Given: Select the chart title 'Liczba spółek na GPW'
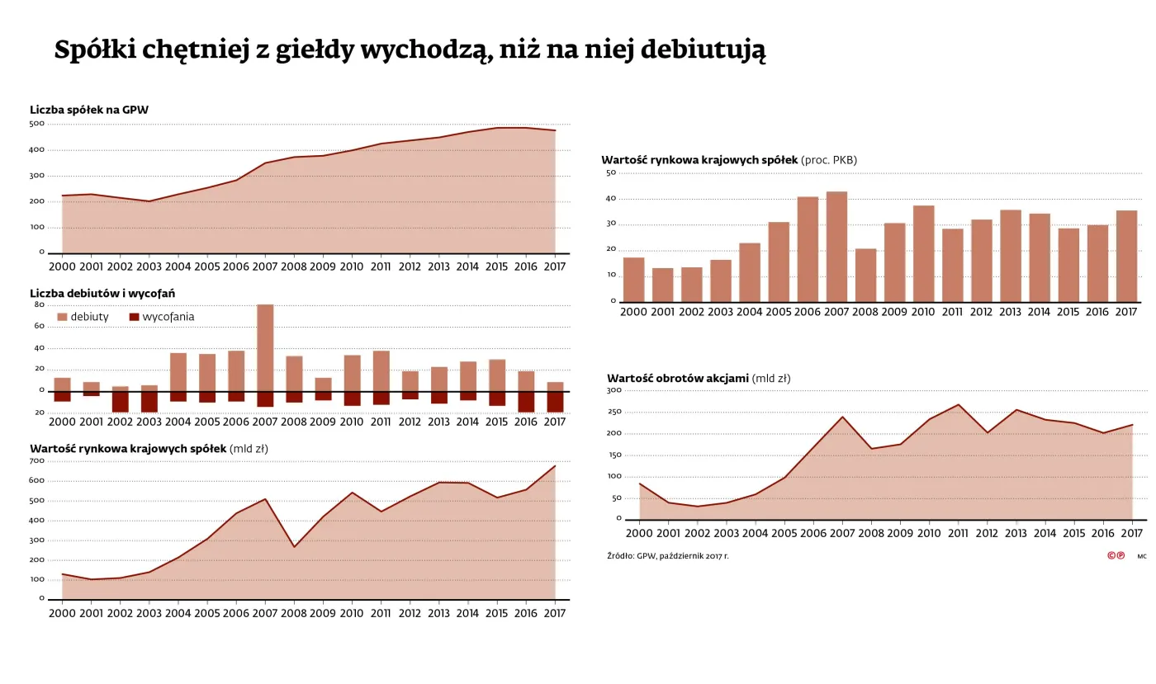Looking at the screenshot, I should point(89,110).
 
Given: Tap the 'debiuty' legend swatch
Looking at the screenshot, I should point(62,317).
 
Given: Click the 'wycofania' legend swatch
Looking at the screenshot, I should point(134,317).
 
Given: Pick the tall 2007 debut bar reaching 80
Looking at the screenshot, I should point(265,347).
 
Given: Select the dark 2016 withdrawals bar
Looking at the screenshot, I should point(525,402).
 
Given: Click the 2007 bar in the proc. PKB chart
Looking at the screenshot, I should point(836,247).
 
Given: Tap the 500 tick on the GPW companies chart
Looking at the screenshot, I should point(37,124).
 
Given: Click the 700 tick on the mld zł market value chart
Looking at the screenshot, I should point(37,460).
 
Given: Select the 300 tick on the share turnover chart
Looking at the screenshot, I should point(614,390).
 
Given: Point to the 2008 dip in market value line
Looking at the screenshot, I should point(294,546).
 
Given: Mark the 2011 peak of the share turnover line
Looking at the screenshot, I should point(958,404).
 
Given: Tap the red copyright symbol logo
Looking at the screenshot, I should point(1116,555).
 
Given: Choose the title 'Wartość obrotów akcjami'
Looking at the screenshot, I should point(678,379).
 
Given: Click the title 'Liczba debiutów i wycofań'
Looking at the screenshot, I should point(102,294).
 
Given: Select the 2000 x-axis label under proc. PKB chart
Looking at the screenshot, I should point(633,312).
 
